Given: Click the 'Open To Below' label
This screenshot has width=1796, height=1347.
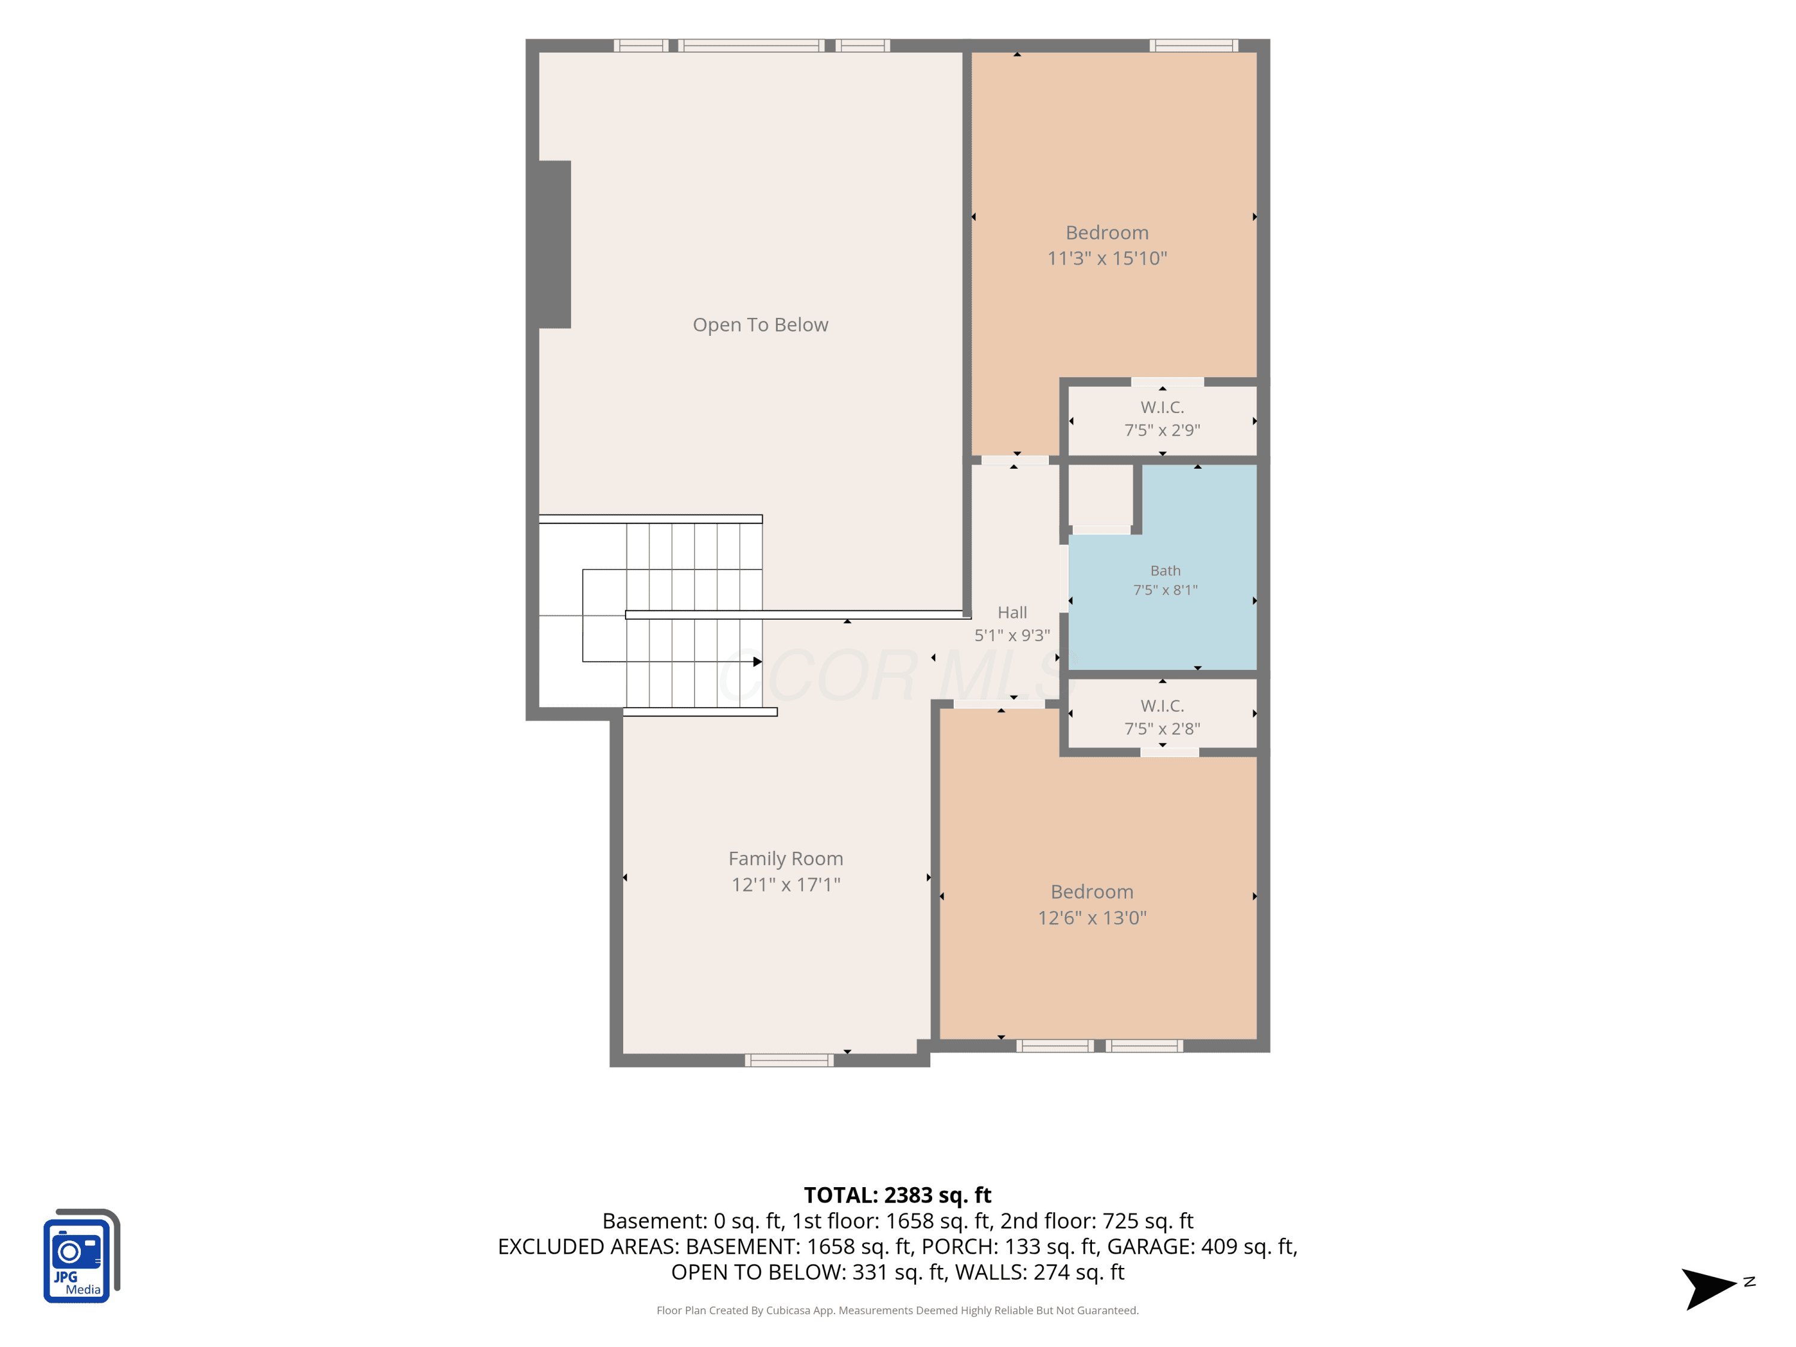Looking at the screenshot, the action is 760,324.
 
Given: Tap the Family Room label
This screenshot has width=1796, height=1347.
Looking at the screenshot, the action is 785,858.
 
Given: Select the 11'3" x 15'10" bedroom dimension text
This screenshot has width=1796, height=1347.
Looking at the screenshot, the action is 1107,258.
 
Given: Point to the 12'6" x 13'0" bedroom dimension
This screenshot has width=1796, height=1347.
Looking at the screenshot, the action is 1092,918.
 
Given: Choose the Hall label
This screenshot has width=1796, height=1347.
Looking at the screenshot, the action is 1012,612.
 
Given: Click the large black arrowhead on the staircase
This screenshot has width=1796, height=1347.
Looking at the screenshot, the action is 757,662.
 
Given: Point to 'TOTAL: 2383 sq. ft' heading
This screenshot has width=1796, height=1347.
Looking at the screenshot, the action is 897,1195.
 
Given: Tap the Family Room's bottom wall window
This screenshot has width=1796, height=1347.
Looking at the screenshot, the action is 789,1060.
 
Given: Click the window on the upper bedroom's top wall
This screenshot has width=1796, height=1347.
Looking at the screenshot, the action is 1194,45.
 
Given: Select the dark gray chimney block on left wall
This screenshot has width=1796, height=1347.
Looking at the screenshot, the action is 554,244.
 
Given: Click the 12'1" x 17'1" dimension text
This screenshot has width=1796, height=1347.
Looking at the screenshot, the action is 785,884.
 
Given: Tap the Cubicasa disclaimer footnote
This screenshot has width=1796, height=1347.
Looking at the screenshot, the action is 897,1310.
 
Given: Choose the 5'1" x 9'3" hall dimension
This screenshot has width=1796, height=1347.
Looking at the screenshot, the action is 1012,635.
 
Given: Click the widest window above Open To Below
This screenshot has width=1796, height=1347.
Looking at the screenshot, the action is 751,45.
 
